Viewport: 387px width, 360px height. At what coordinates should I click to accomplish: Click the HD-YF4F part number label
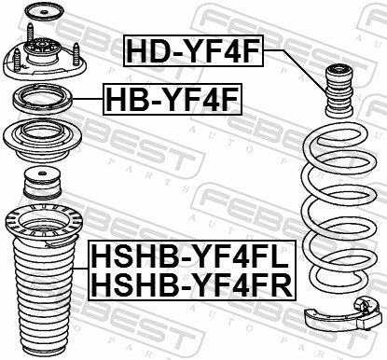193,51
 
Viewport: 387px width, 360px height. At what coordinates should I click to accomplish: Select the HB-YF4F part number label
173,99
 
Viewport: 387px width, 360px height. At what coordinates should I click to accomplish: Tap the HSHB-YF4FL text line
191,256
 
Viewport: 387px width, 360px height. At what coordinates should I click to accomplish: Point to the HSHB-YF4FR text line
192,284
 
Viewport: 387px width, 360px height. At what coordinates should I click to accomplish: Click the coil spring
340,206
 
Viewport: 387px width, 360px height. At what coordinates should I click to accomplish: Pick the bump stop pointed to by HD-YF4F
339,90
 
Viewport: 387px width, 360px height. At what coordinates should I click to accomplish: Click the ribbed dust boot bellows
44,298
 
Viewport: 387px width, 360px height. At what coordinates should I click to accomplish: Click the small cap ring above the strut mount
44,12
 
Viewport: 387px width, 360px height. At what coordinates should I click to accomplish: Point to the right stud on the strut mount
76,54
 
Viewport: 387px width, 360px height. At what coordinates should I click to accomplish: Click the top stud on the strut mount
31,33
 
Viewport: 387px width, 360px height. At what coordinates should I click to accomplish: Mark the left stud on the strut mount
17,60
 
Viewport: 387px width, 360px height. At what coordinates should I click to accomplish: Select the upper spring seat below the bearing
42,141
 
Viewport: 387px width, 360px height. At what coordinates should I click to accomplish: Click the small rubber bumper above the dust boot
42,183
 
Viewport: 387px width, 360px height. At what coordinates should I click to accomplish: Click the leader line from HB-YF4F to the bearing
88,99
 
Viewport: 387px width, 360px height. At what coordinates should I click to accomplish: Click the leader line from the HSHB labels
81,268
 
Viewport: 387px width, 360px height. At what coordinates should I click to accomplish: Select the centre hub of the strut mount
41,49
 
